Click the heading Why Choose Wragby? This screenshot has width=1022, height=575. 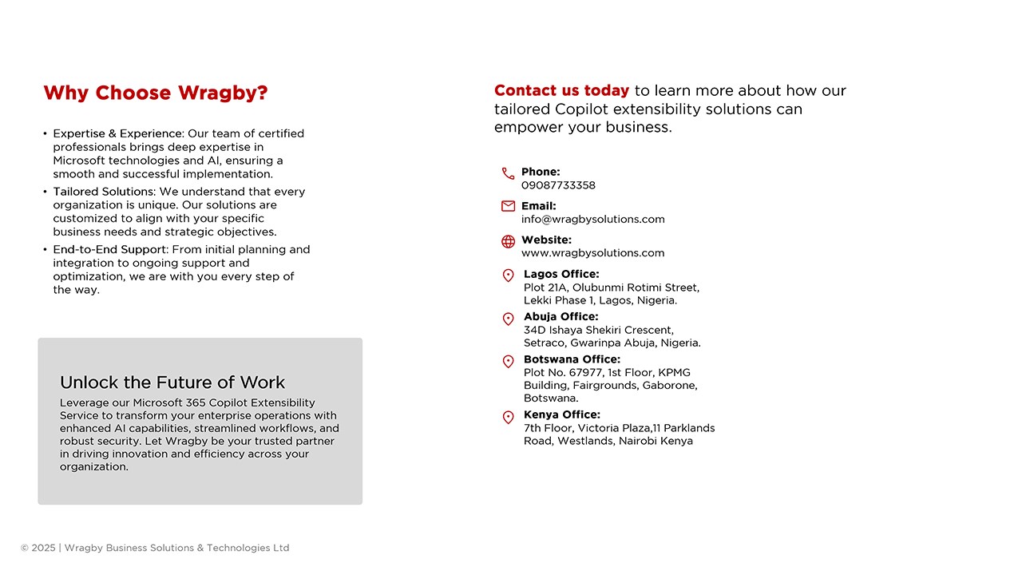(156, 93)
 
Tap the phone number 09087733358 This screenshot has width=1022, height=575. (558, 185)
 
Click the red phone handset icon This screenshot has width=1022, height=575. (508, 173)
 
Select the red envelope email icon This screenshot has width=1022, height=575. (508, 206)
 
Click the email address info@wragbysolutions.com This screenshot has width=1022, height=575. (592, 219)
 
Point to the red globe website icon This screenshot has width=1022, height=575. (508, 241)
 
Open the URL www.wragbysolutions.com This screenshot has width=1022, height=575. (592, 253)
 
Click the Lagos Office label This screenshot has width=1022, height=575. (561, 274)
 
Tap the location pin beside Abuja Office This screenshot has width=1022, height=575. (508, 319)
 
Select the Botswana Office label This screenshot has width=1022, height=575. (572, 359)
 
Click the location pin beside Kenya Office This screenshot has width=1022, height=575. (508, 417)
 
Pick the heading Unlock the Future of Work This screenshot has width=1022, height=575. (172, 383)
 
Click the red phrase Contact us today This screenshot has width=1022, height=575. (561, 91)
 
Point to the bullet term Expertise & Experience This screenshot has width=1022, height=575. (118, 133)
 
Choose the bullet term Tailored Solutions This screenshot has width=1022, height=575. (103, 192)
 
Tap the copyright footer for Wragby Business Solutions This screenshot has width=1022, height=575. (155, 548)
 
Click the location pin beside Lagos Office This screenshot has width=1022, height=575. (508, 276)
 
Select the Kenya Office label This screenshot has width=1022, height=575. (562, 414)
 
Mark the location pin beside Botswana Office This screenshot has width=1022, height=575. (508, 361)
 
